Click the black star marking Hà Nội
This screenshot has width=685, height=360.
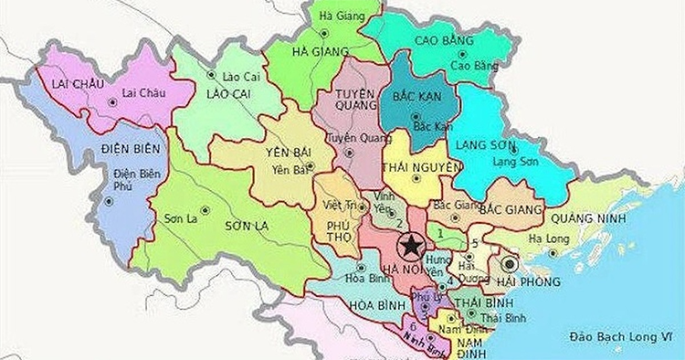pos(412,245)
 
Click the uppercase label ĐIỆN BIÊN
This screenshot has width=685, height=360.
pos(130,148)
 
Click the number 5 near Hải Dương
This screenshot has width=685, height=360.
pos(475,242)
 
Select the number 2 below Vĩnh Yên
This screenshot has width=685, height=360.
pos(399,223)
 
